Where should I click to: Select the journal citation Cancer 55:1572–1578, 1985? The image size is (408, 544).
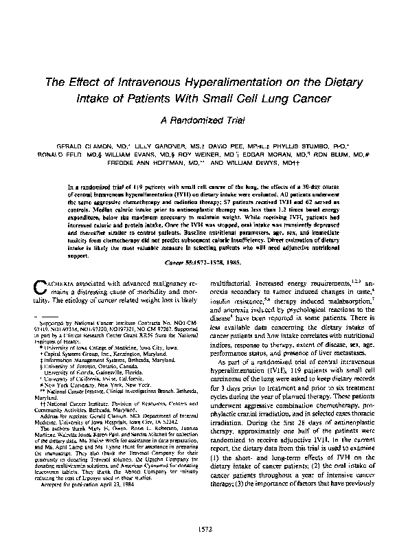pyautogui.click(x=203, y=263)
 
